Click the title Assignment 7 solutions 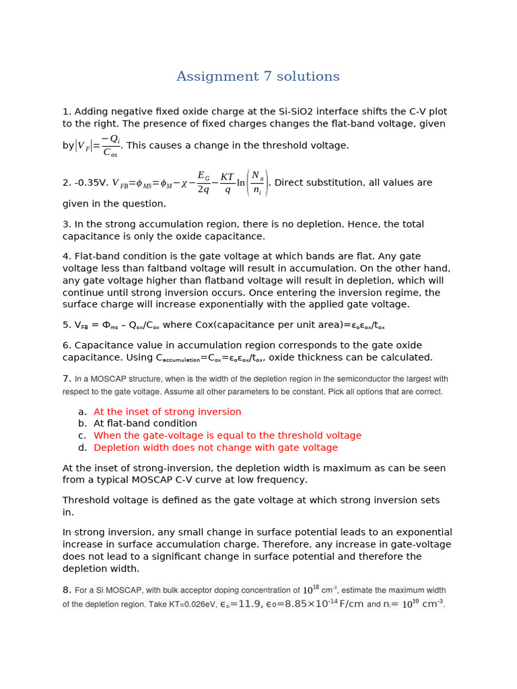pos(258,77)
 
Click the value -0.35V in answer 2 pos(90,182)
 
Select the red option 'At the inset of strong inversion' pos(167,412)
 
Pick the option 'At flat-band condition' pos(145,424)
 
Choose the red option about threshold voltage pos(228,436)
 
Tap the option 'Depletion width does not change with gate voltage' pos(215,448)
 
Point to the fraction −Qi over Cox pos(110,145)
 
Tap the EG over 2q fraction pos(203,182)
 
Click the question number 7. pos(67,379)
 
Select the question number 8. pos(67,590)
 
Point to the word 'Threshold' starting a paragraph pos(86,501)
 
